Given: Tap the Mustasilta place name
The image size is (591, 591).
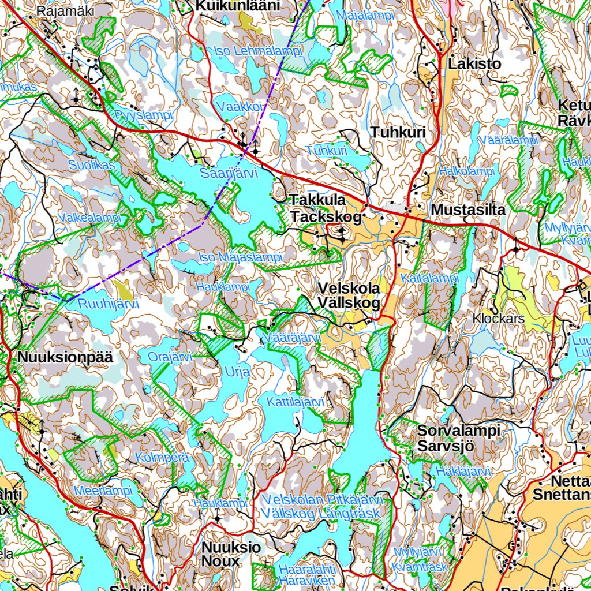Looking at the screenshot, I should click(468, 210).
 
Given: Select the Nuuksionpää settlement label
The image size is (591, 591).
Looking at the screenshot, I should click(65, 357).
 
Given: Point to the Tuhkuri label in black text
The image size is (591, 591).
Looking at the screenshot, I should click(398, 132).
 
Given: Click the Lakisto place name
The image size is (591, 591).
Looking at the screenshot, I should click(474, 64).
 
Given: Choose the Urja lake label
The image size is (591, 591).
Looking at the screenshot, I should click(237, 372).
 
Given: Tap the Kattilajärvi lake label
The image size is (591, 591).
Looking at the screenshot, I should click(296, 402).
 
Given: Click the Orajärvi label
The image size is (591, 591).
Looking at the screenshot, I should click(170, 357).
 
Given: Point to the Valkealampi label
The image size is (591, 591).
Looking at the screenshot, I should click(90, 218).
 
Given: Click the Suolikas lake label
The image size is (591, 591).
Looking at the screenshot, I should click(92, 165).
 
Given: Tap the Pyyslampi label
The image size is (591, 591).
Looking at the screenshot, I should click(143, 115).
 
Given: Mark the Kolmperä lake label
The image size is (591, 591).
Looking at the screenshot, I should click(162, 457).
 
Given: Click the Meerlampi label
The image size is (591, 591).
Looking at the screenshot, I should click(103, 491).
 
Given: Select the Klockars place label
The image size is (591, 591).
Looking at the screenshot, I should click(498, 318).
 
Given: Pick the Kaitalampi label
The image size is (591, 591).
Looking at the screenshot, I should click(429, 278).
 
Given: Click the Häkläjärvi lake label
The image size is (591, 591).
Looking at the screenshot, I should click(463, 472).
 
